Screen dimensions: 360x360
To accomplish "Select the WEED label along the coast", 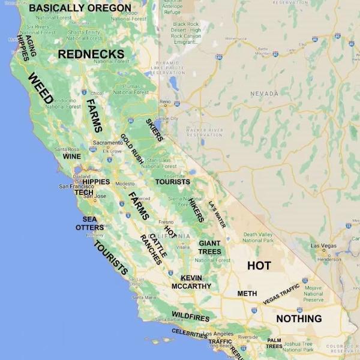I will click(x=41, y=89).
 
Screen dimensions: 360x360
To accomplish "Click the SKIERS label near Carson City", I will click(x=154, y=130).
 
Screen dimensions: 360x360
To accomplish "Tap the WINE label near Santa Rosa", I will click(x=71, y=156).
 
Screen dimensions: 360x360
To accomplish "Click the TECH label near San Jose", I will click(x=83, y=192).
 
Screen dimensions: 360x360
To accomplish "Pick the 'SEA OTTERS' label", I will click(x=89, y=223).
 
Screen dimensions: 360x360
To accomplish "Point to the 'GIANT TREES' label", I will click(x=210, y=247).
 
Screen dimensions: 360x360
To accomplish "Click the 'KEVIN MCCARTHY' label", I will click(x=196, y=282).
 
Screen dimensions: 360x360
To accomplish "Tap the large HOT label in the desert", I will click(x=259, y=265).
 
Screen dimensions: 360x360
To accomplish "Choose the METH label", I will click(x=247, y=293).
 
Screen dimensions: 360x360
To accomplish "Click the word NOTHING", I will click(x=299, y=318).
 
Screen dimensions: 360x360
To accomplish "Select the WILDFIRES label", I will click(x=191, y=316).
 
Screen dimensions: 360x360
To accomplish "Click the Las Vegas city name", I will click(x=323, y=246).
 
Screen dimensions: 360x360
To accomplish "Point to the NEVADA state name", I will click(x=264, y=94).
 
